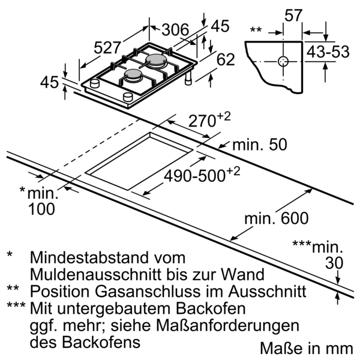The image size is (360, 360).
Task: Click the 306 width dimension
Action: (x=175, y=29)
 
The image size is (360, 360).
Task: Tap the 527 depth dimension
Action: (x=107, y=48)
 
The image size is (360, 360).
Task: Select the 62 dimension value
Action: (x=226, y=59)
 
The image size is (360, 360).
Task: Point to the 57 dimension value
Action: (x=293, y=16)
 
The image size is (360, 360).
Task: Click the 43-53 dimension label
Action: (x=328, y=52)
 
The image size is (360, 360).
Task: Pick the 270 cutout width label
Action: (x=209, y=120)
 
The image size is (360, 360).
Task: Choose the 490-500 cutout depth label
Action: (x=202, y=175)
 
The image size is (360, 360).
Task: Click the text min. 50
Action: (x=260, y=145)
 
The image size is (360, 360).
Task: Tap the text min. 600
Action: (x=277, y=218)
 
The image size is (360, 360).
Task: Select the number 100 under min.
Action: (x=41, y=209)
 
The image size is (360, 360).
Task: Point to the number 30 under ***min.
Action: (x=334, y=263)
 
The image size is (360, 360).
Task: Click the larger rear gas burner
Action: (x=155, y=60)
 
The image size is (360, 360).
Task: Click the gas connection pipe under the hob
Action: (x=188, y=78)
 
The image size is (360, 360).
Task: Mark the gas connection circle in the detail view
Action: (x=283, y=62)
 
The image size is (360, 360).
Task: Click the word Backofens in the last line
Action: (x=101, y=343)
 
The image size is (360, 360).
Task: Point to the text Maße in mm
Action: (x=306, y=349)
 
